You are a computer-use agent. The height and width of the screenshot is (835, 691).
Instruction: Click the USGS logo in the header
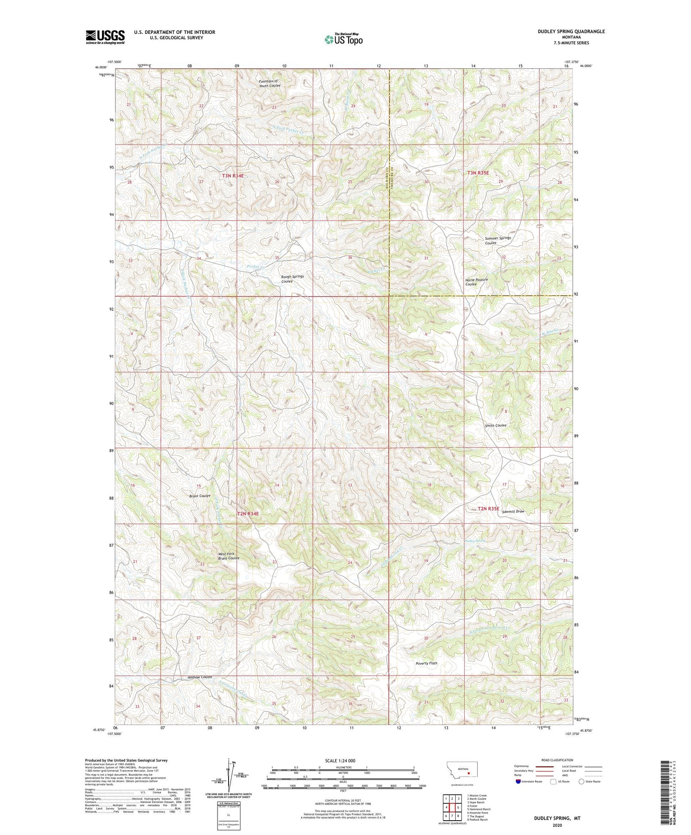point(105,37)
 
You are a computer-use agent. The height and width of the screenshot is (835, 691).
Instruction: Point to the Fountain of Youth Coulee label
point(269,84)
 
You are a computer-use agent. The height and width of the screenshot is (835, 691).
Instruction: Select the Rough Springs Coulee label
point(292,279)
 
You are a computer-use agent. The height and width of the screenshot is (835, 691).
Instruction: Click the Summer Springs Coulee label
point(497,240)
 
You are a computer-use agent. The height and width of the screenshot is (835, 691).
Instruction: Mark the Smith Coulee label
point(495,425)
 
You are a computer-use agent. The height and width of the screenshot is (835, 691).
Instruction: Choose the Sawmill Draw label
point(513,511)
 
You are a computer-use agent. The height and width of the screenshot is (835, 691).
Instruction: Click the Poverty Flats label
point(426,663)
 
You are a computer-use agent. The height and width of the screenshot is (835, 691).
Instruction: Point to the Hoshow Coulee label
point(199,677)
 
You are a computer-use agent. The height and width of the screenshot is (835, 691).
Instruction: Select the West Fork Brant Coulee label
point(229,556)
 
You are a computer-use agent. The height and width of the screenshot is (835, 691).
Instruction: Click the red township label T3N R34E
point(233,176)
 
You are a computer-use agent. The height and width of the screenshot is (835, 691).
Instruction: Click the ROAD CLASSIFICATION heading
point(558,760)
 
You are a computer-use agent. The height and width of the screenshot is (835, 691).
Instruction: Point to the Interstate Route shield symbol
point(519,781)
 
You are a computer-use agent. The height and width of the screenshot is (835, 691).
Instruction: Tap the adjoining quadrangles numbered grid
point(452,808)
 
